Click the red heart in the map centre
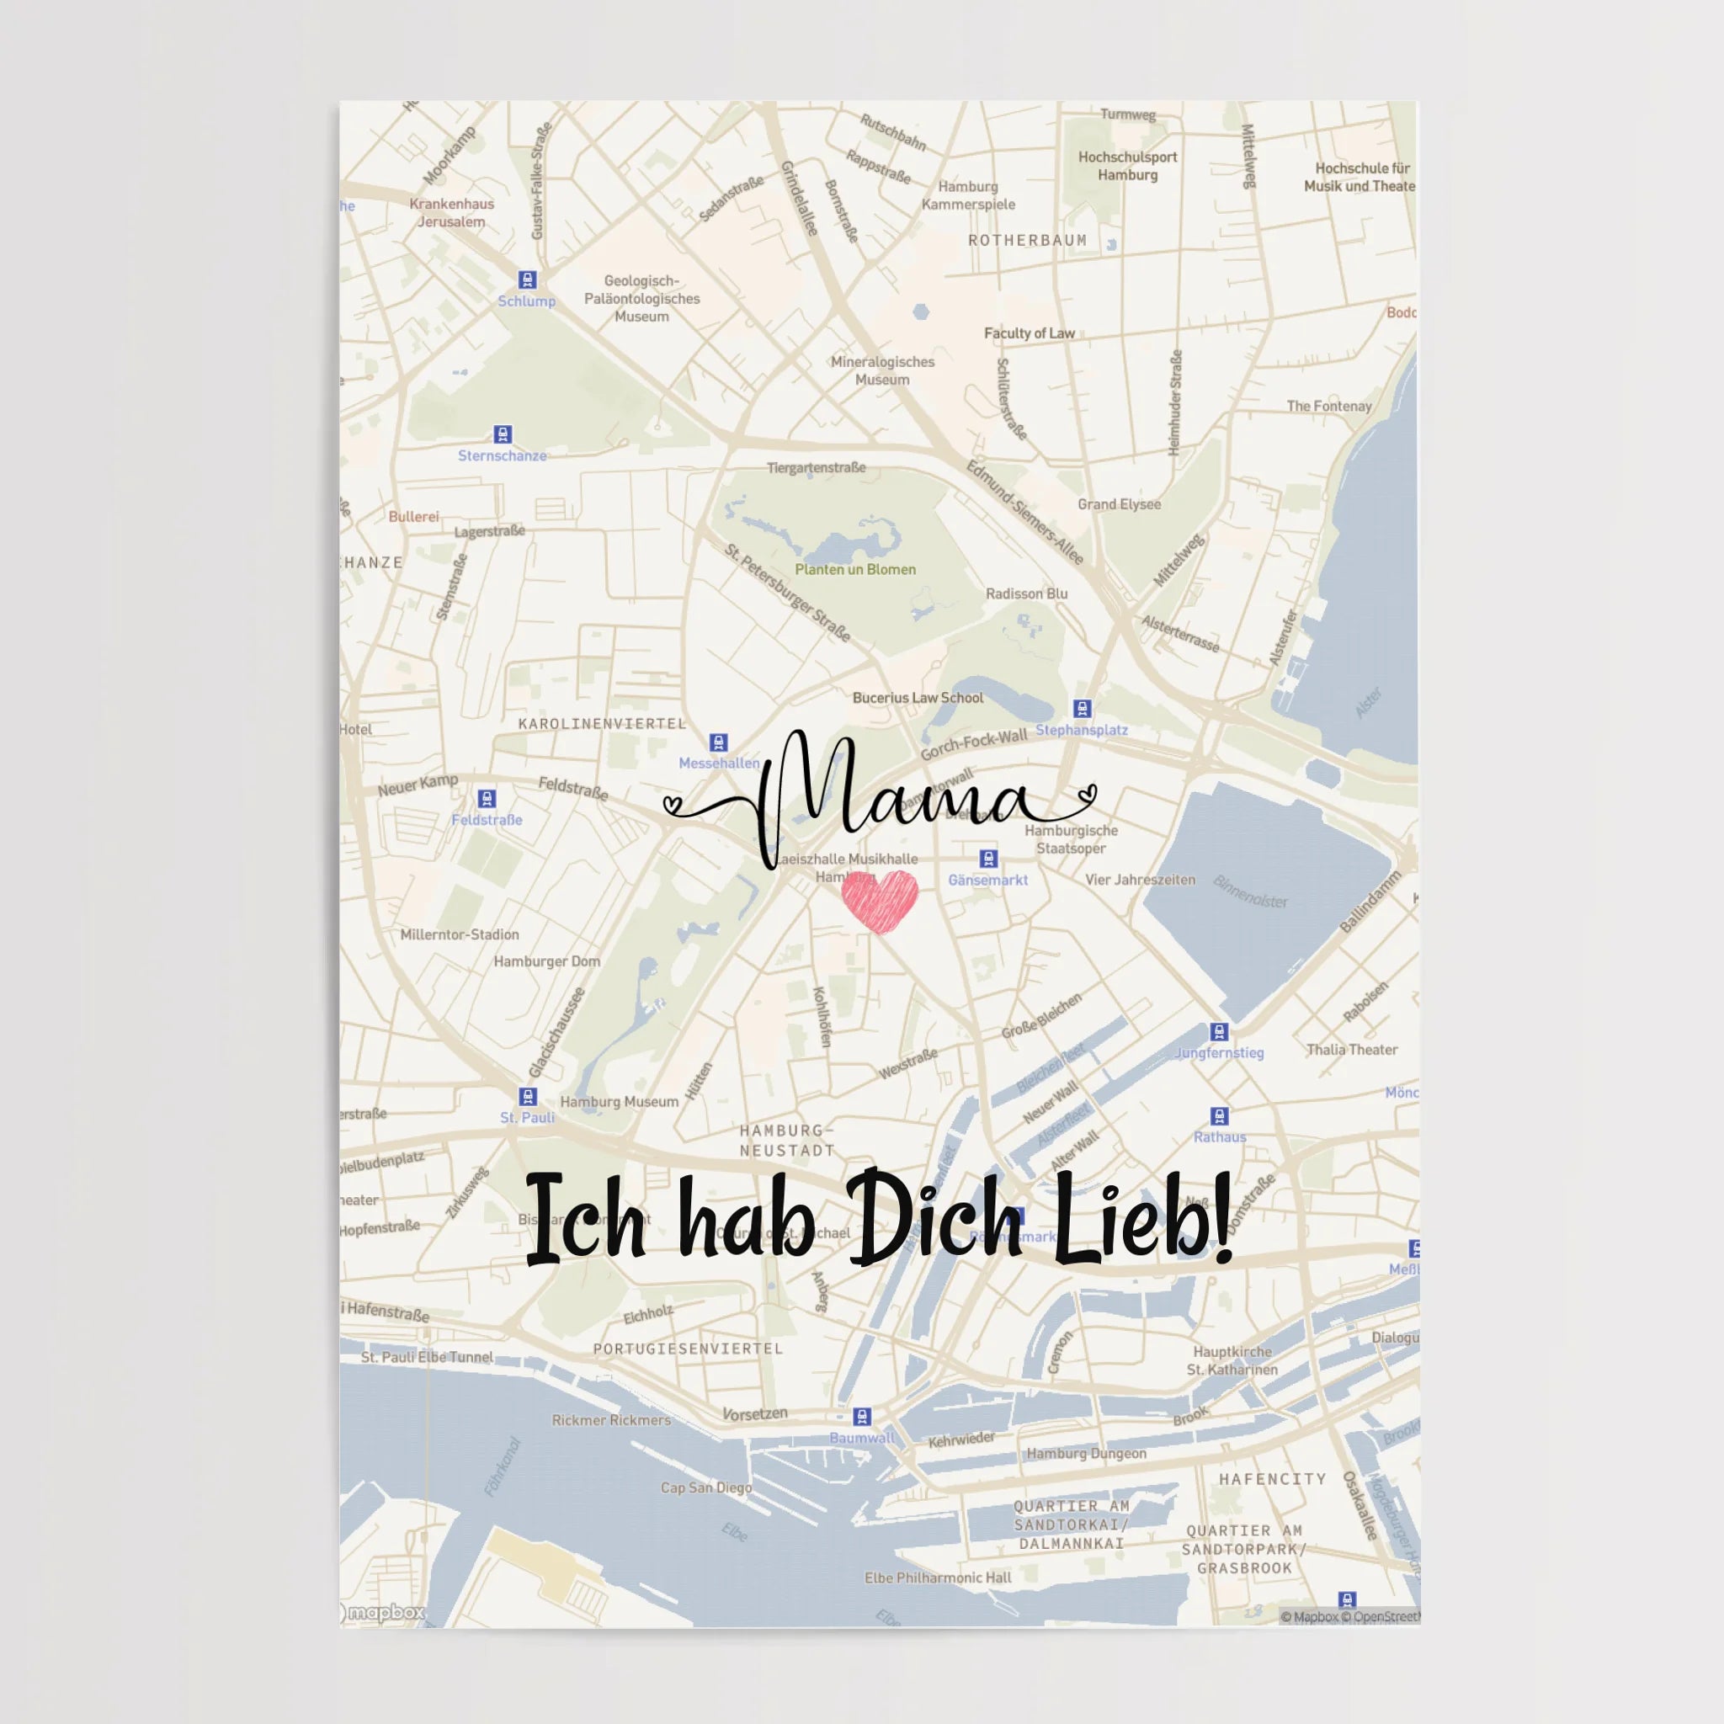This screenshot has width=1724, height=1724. pos(880,901)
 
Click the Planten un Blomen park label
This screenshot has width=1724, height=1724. pos(855,569)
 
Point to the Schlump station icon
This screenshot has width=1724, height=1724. pos(527,280)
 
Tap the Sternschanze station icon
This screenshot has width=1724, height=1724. pos(503,434)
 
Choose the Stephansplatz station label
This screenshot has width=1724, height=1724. pos(1082,730)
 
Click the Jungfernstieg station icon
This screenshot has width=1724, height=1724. pos(1219,1032)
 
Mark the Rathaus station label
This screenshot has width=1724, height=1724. pos(1220,1136)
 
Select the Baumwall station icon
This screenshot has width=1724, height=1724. pos(862,1416)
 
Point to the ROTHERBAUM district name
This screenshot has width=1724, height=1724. pos(1028,240)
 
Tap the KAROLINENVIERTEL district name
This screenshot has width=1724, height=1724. pos(603,723)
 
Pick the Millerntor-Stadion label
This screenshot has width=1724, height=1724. pos(460,934)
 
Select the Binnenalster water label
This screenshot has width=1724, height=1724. pos(1250,892)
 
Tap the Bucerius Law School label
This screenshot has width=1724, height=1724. pos(918,698)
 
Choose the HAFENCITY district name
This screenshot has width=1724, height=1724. pos(1273,1478)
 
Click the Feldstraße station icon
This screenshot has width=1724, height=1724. pos(487,799)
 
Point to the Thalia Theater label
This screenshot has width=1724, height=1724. pos(1352,1050)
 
